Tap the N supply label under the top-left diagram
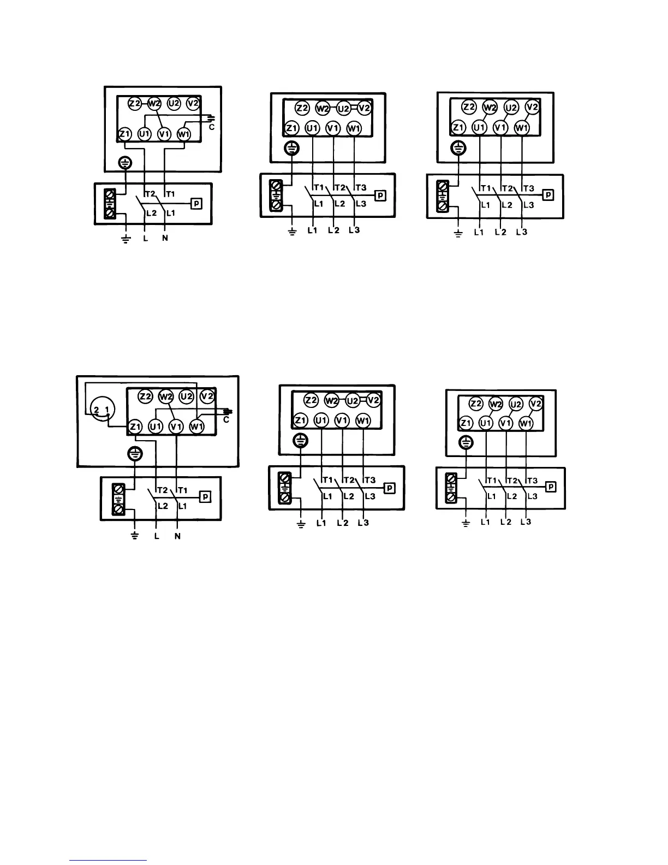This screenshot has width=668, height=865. click(x=165, y=238)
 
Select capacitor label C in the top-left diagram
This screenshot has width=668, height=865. click(x=212, y=127)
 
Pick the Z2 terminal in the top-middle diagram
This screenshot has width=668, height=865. click(x=302, y=108)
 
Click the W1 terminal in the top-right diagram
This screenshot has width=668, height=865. click(x=522, y=128)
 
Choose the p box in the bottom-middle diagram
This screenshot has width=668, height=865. click(x=390, y=488)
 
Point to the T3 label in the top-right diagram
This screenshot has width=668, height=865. click(x=529, y=188)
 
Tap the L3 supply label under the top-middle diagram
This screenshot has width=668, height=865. click(x=354, y=230)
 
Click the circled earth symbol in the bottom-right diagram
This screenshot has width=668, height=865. click(x=466, y=442)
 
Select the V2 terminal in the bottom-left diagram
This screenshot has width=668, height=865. click(x=207, y=396)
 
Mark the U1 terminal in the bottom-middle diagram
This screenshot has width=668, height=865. click(x=321, y=420)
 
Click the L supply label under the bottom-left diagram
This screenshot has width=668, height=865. click(x=157, y=536)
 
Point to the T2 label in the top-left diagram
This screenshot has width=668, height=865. click(x=151, y=194)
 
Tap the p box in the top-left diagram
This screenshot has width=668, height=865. click(x=196, y=204)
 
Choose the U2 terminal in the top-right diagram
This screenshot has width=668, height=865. click(x=511, y=108)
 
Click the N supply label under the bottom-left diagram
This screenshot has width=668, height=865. click(x=177, y=536)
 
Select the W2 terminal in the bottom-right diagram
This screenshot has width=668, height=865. click(x=496, y=405)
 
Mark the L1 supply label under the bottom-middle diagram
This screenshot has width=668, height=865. click(x=321, y=523)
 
